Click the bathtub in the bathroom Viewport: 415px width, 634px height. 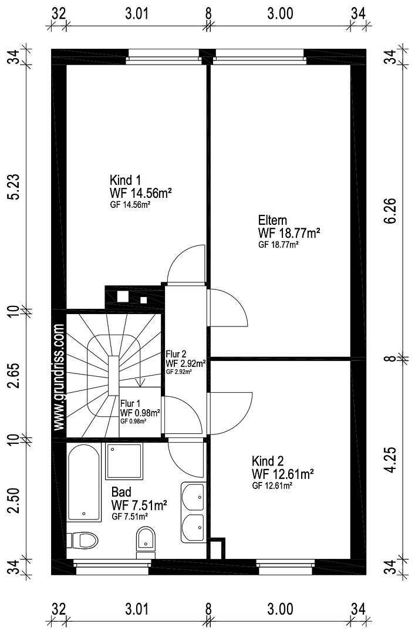point(84,483)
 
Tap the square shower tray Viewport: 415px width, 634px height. point(124,461)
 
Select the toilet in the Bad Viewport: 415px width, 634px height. point(83,540)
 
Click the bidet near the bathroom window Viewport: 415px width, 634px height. point(145,542)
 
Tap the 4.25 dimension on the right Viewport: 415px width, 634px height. point(391,459)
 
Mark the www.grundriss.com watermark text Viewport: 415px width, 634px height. point(59,377)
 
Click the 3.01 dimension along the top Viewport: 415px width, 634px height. point(137,14)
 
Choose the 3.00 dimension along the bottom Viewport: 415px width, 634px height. point(280,609)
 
